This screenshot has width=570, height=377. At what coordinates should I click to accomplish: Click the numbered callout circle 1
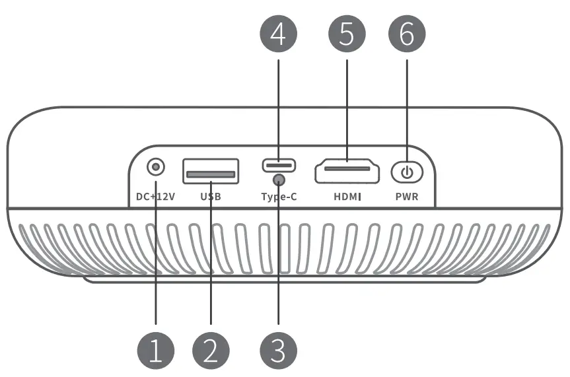click(156, 351)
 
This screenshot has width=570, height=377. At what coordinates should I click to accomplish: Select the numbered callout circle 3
click(279, 351)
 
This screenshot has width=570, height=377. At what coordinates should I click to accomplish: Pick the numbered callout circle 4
click(279, 33)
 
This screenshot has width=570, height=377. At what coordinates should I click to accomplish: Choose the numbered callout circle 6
click(407, 33)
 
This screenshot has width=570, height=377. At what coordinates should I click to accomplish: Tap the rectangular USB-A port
click(211, 172)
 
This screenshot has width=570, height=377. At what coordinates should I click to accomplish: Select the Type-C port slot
click(279, 165)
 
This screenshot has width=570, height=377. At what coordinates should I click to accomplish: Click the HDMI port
click(347, 171)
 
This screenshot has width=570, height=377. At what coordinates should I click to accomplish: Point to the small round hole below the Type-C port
click(279, 179)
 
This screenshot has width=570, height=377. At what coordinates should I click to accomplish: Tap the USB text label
click(211, 197)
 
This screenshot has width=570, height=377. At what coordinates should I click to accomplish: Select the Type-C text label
click(279, 197)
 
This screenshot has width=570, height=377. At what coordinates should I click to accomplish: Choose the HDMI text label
click(347, 197)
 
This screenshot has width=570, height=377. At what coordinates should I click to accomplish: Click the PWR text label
click(407, 197)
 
